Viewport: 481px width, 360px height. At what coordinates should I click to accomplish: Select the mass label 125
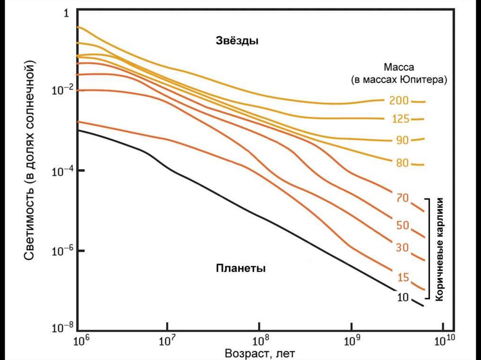(x=400, y=119)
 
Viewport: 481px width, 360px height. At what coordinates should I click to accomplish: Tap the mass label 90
(x=402, y=140)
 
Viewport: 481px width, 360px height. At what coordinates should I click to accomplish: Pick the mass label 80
(x=402, y=163)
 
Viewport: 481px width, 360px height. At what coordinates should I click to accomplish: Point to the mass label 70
(x=402, y=199)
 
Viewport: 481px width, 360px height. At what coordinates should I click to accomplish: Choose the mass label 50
(x=403, y=225)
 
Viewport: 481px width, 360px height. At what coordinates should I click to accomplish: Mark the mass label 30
(x=402, y=247)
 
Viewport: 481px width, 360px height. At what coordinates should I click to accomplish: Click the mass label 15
(x=403, y=277)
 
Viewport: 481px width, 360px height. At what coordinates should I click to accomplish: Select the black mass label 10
(x=402, y=297)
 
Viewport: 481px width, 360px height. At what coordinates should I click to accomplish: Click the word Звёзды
(x=238, y=41)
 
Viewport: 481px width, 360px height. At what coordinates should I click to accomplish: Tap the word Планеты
(x=241, y=269)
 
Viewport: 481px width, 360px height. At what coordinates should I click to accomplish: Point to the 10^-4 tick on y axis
(x=62, y=170)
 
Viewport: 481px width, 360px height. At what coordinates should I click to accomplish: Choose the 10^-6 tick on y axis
(x=62, y=250)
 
